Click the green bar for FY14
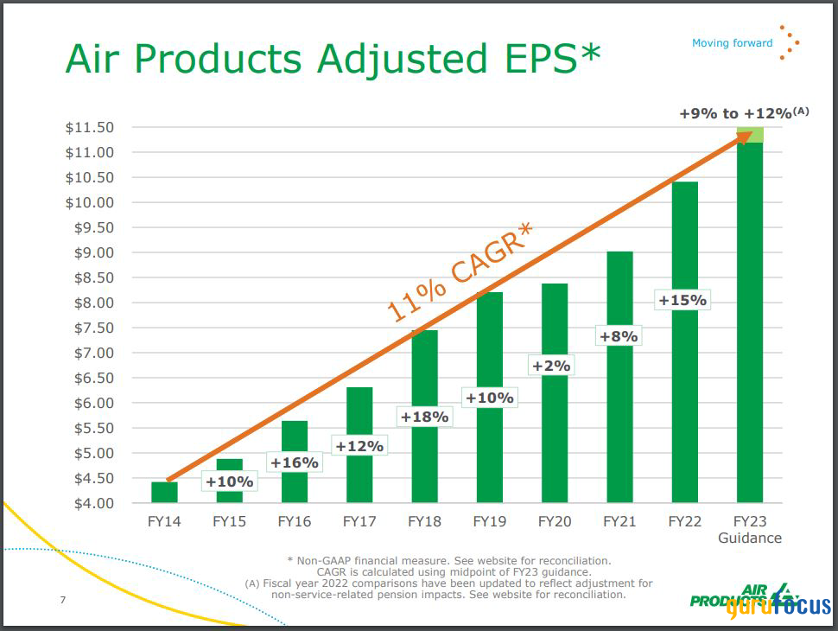pyautogui.click(x=164, y=493)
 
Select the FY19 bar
pyautogui.click(x=490, y=449)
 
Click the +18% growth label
pyautogui.click(x=424, y=417)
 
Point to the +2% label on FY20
pyautogui.click(x=550, y=366)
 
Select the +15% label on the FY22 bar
pyautogui.click(x=682, y=301)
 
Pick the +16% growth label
pyautogui.click(x=295, y=462)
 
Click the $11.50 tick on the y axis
pyautogui.click(x=90, y=128)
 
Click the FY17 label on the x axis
pyautogui.click(x=359, y=521)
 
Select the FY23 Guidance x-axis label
pyautogui.click(x=750, y=529)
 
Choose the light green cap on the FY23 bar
pyautogui.click(x=750, y=135)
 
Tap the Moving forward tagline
pyautogui.click(x=732, y=43)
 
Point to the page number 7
pyautogui.click(x=63, y=600)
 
